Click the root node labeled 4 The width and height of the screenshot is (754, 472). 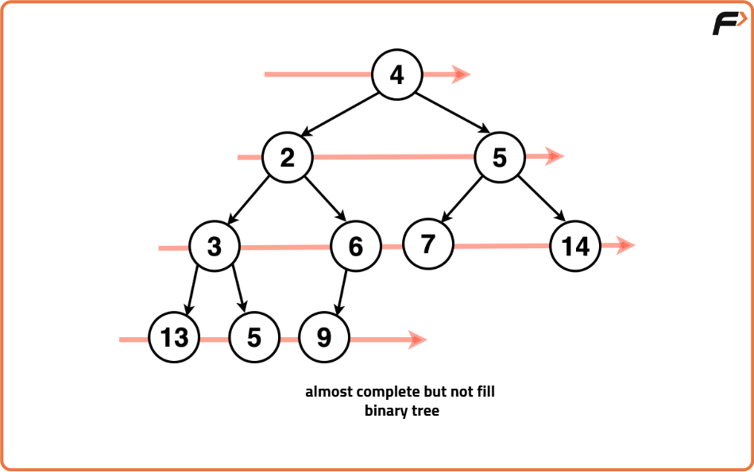point(396,75)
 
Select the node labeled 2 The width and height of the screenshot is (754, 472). point(288,157)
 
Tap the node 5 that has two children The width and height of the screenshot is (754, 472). point(499,157)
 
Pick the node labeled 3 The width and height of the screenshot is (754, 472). point(215,247)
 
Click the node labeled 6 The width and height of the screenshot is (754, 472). point(355,247)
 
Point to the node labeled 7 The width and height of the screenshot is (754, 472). point(427,244)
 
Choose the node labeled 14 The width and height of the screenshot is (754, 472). point(575,246)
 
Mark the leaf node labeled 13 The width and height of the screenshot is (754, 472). point(174,338)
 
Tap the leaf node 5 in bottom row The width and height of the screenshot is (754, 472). point(253,338)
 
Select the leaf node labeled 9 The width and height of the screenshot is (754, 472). point(323,338)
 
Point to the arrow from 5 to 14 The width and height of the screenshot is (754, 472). point(542,198)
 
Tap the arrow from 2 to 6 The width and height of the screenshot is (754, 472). point(324,198)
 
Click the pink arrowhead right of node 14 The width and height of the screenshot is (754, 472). point(625,245)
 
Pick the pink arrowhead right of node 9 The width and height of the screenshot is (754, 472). point(417,340)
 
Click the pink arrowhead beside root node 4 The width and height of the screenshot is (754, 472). point(461,75)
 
